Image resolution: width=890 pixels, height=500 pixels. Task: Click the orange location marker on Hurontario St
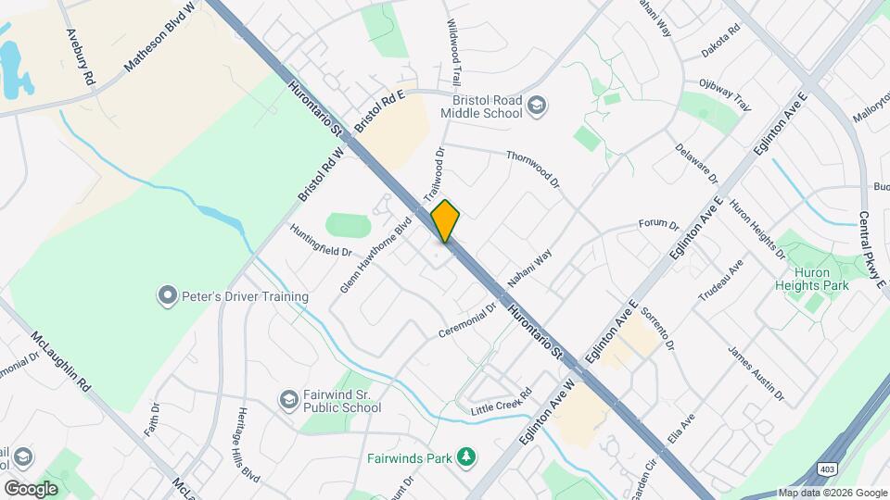446,220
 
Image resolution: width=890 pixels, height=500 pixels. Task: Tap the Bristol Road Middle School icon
536,106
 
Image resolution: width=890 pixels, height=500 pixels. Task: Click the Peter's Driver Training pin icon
167,296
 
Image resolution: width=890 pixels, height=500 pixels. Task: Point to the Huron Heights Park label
812,279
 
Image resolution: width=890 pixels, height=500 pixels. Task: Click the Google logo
31,489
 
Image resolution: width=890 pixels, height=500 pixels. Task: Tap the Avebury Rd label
81,56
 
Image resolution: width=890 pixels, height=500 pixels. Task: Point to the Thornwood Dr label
534,170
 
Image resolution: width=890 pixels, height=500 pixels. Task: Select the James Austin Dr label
756,374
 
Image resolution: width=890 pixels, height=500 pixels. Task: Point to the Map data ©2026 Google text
832,493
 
